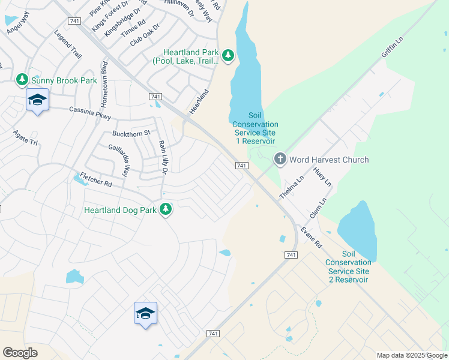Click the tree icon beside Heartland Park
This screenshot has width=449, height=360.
coord(228,56)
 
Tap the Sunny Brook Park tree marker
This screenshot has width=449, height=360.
coord(22,79)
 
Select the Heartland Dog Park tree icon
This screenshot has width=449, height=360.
coord(166,209)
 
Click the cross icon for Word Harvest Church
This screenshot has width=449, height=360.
coord(280,159)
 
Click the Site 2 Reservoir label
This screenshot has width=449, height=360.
coord(349,267)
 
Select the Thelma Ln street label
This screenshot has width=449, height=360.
coord(292,188)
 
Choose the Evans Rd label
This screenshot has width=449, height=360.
coord(312,238)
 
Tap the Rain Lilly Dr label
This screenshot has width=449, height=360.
coord(162,158)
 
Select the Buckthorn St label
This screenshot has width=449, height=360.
coord(130,133)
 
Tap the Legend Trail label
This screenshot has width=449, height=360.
coord(67,45)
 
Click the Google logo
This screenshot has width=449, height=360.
coord(20,353)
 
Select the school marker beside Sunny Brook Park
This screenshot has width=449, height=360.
coord(37,100)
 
